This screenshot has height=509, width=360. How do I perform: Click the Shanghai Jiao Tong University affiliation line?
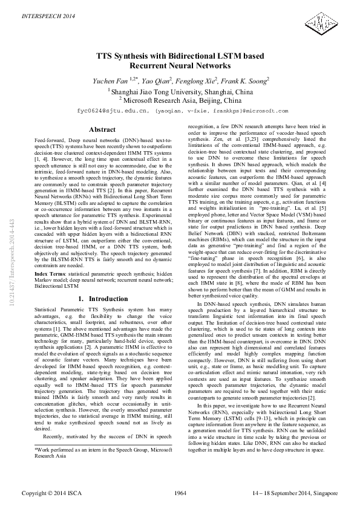pyautogui.click(x=180, y=91)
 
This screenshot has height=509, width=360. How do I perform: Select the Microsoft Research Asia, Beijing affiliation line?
pyautogui.click(x=180, y=100)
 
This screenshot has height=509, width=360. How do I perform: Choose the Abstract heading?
pyautogui.click(x=102, y=129)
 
